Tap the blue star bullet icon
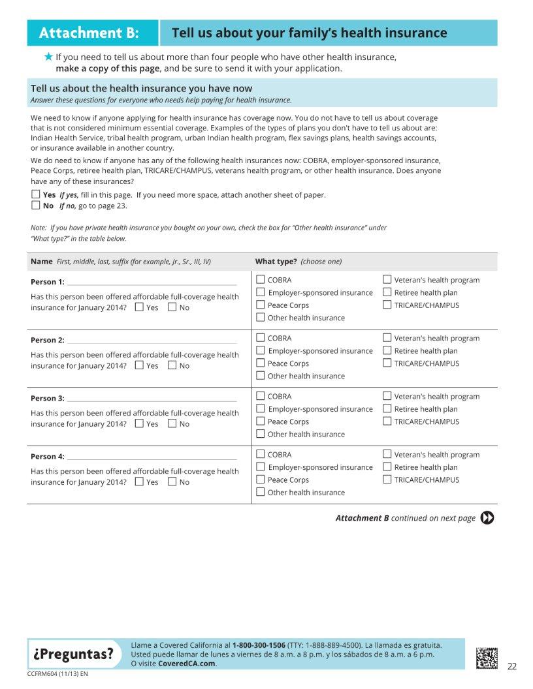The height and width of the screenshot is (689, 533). click(48, 57)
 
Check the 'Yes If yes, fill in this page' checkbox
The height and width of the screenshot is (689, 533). click(36, 194)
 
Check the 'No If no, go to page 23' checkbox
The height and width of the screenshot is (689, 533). click(36, 206)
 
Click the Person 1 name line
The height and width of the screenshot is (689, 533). click(152, 282)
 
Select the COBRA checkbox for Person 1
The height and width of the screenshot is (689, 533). click(261, 280)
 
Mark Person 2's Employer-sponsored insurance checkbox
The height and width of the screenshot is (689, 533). click(261, 350)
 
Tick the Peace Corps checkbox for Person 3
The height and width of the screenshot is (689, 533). click(261, 421)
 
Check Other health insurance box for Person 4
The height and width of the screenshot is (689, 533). click(261, 493)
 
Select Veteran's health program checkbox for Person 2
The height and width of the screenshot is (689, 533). click(387, 338)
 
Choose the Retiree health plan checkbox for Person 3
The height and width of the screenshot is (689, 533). click(387, 409)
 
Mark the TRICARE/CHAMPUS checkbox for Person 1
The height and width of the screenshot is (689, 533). click(387, 305)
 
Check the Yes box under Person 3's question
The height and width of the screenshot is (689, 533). click(139, 423)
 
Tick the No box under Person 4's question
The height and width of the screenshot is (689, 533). click(172, 482)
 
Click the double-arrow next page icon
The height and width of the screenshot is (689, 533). click(487, 518)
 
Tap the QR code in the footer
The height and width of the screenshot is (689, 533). click(487, 657)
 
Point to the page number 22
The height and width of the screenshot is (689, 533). click(512, 666)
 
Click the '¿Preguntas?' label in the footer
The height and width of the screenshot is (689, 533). click(73, 654)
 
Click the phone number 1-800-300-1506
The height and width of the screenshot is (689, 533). click(259, 645)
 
